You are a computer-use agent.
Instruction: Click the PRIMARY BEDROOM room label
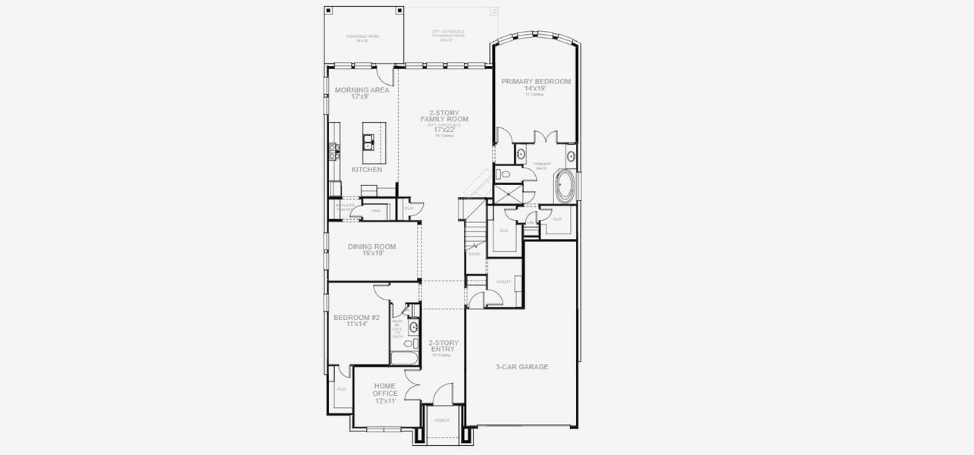535,81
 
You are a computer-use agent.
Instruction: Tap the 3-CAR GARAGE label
521,367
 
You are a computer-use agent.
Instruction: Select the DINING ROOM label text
371,246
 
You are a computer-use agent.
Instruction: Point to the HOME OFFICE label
385,389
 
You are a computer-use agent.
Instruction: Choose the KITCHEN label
367,170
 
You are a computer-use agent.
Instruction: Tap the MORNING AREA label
362,90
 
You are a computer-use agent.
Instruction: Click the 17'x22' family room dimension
444,130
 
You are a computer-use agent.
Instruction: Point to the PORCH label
441,420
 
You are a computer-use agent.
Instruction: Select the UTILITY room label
504,281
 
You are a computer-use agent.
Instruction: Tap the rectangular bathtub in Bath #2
402,359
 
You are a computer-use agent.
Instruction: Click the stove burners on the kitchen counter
332,152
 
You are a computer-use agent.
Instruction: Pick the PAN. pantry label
375,211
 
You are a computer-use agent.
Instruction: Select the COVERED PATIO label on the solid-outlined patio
362,36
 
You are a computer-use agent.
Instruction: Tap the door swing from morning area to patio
386,75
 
